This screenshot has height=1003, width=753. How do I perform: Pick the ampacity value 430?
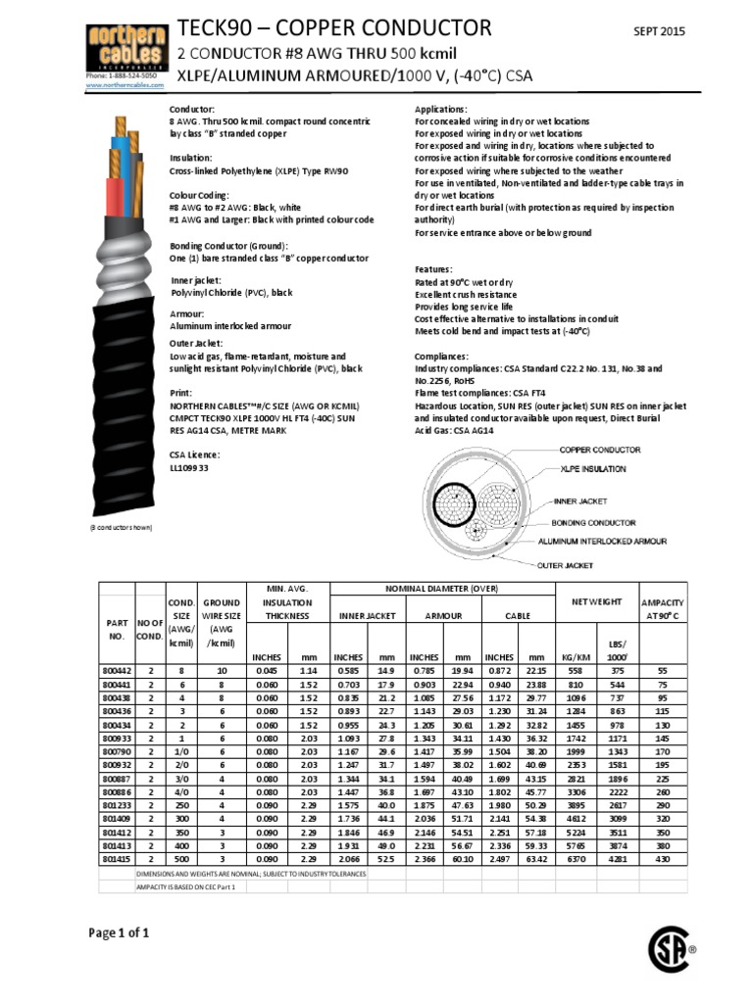click(x=662, y=859)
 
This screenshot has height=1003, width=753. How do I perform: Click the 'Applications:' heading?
click(x=441, y=109)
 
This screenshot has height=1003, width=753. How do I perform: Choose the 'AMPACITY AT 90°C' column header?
click(x=662, y=608)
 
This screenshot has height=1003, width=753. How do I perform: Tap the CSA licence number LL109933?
click(x=189, y=467)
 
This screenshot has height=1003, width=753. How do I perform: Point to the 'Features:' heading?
click(x=433, y=269)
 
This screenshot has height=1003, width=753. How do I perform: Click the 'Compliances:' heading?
click(x=442, y=357)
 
